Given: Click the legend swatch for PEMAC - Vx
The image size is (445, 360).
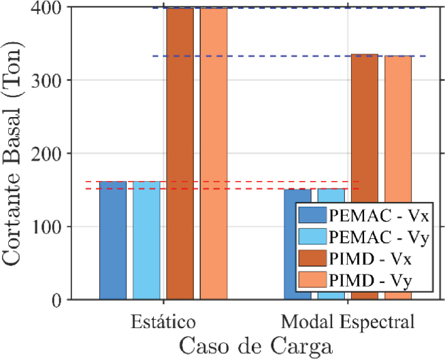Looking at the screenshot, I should [x=312, y=216].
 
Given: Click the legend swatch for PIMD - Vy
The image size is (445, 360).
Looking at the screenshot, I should [x=312, y=280].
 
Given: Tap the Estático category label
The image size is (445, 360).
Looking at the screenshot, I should [x=164, y=321].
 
